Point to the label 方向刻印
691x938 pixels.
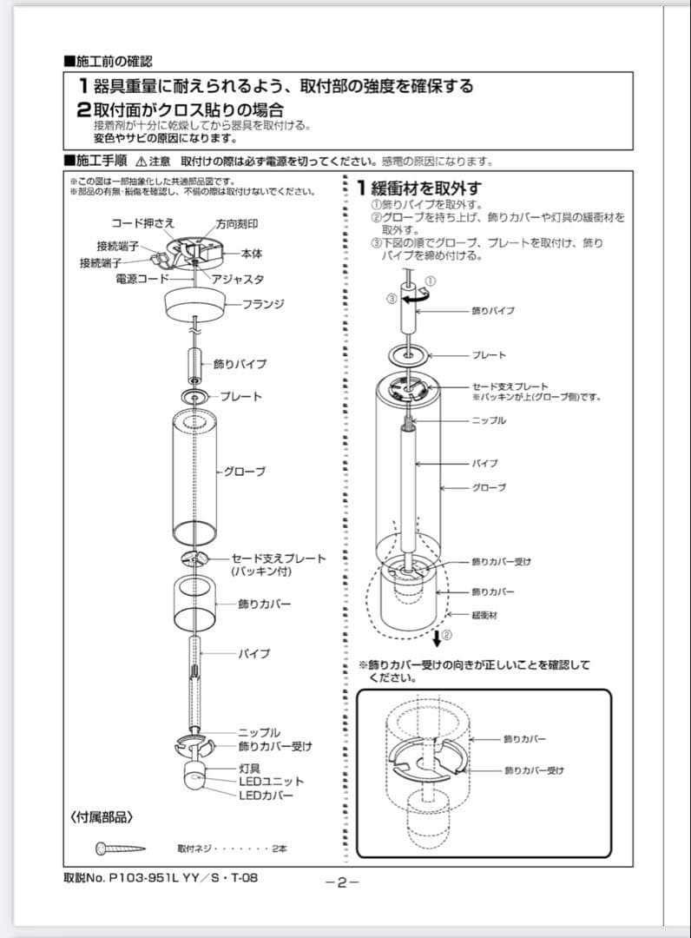236,224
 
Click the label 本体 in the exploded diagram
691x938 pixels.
252,254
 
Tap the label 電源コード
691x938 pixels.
141,279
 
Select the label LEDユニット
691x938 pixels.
272,782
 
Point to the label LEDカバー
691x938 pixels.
267,795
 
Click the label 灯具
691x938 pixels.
250,769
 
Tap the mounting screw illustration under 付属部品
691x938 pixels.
120,848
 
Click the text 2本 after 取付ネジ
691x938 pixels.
279,849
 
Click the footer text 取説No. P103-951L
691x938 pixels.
161,877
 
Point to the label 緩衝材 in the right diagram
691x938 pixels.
484,614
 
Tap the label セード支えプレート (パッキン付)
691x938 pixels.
278,565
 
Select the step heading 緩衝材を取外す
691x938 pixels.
425,188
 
